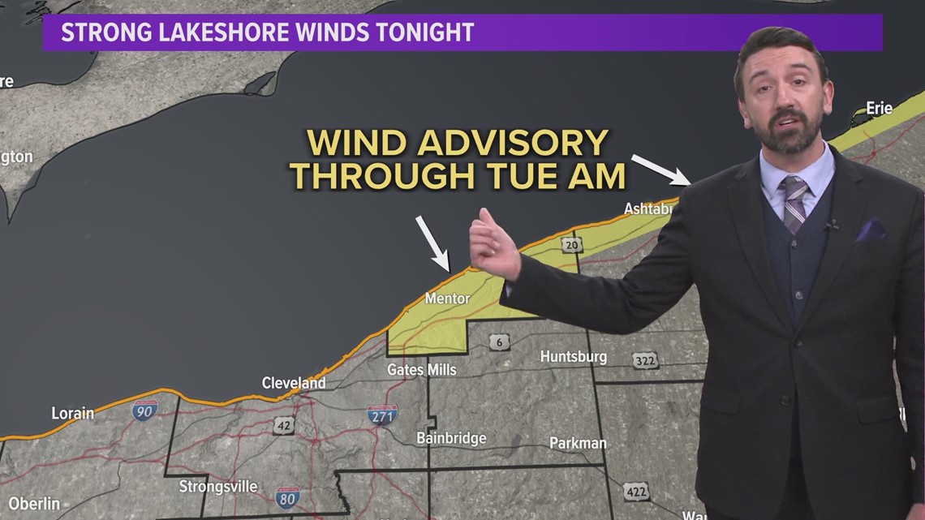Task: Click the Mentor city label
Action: pyautogui.click(x=447, y=299)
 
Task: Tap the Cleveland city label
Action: pyautogui.click(x=293, y=383)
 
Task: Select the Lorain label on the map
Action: pyautogui.click(x=72, y=413)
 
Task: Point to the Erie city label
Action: pyautogui.click(x=879, y=108)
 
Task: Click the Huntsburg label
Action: pyautogui.click(x=573, y=357)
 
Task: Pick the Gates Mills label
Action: pyautogui.click(x=421, y=370)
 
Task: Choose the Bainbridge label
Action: pyautogui.click(x=451, y=438)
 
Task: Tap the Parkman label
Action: pyautogui.click(x=578, y=443)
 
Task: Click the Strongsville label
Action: pyautogui.click(x=218, y=487)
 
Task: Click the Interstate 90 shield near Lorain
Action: pyautogui.click(x=144, y=410)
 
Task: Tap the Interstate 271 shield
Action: pyautogui.click(x=382, y=415)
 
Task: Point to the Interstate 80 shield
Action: pyautogui.click(x=286, y=496)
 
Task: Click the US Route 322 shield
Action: pyautogui.click(x=646, y=361)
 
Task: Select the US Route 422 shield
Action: pyautogui.click(x=635, y=491)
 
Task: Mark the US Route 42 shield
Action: pyautogui.click(x=283, y=425)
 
